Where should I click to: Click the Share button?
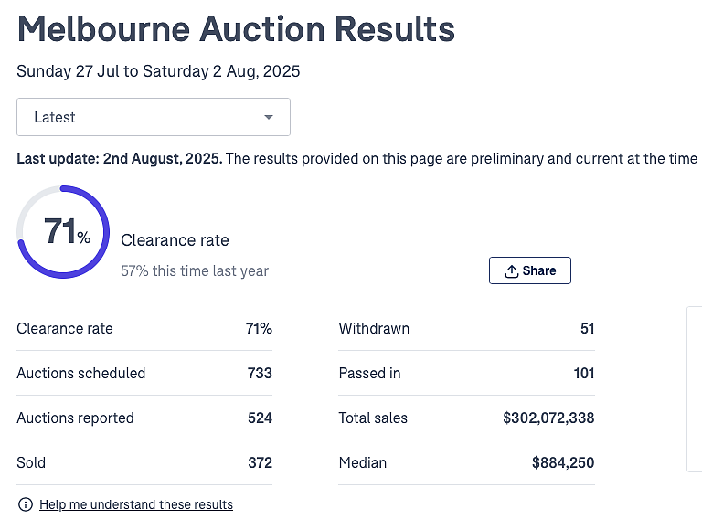(529, 270)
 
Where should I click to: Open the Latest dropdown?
(154, 117)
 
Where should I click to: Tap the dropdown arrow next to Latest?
(269, 117)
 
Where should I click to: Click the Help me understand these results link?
(136, 504)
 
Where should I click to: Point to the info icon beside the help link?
(26, 504)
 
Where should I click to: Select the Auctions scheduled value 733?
(260, 373)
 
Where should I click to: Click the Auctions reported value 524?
(260, 418)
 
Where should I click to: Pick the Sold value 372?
(260, 462)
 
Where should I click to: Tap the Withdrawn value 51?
(588, 328)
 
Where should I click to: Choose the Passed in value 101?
(584, 373)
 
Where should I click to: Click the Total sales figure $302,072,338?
(548, 418)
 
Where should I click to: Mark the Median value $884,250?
(563, 462)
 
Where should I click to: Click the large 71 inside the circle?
(60, 231)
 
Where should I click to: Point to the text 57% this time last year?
(195, 270)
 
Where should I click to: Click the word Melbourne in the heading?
(104, 29)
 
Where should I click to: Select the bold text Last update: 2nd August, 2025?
(120, 158)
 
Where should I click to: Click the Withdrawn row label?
(374, 328)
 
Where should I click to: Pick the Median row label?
(363, 462)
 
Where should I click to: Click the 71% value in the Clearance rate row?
(259, 328)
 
